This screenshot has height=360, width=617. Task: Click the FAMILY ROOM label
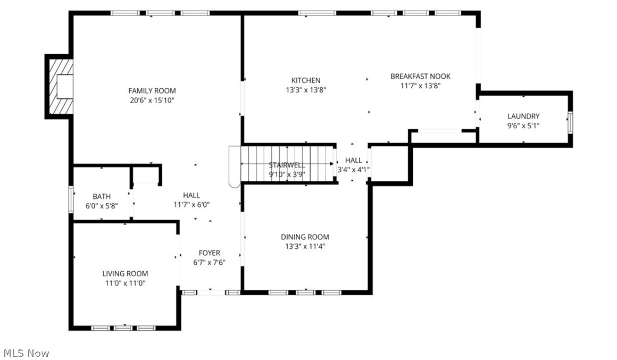click(152, 91)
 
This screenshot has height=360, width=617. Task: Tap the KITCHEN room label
click(305, 81)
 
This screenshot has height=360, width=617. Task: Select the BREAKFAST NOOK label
click(420, 77)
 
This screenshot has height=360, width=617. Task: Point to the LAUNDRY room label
click(523, 116)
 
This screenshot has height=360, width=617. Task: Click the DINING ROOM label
click(305, 237)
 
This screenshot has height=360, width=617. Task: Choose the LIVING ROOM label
click(125, 274)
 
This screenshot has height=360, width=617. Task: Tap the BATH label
click(102, 197)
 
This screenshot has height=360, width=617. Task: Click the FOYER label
click(209, 253)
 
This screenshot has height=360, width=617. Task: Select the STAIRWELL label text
click(287, 165)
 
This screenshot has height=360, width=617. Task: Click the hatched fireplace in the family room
click(60, 86)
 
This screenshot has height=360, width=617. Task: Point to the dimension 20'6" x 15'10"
click(152, 100)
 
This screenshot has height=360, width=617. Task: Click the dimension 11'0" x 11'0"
click(125, 283)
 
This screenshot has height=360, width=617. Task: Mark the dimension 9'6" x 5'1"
click(523, 126)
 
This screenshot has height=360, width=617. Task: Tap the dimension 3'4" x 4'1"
click(353, 170)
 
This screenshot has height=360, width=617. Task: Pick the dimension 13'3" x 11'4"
click(305, 246)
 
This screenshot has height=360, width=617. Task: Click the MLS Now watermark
click(26, 353)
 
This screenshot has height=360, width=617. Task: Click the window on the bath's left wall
click(71, 199)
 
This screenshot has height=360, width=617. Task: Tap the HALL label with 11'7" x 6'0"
click(191, 196)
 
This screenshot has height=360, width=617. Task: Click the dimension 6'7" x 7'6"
click(209, 262)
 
